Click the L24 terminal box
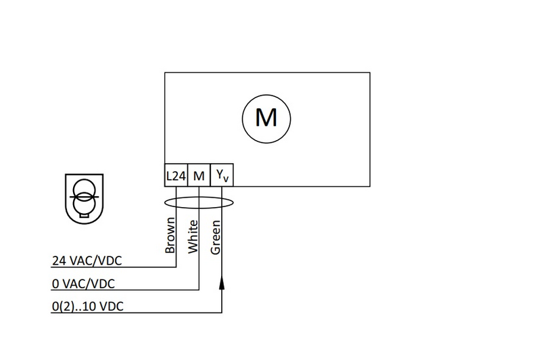176,176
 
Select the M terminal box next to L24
199,176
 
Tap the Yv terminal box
222,176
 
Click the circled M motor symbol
266,118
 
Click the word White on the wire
193,236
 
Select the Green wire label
216,238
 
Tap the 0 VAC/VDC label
83,283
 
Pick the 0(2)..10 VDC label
87,306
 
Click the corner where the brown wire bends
176,267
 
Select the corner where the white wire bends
199,290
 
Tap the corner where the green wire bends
222,313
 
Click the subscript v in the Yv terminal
226,179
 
